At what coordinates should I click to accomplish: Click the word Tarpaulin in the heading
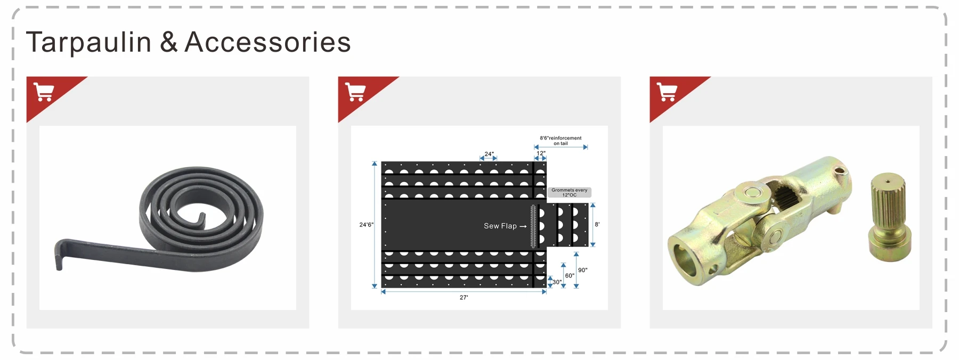click(x=88, y=42)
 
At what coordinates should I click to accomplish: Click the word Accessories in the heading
click(x=267, y=42)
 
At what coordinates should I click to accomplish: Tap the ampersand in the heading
click(x=168, y=42)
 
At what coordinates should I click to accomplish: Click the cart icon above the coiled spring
click(x=44, y=92)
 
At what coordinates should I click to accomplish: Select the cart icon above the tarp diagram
click(x=355, y=92)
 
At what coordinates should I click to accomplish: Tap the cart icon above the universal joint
click(x=667, y=92)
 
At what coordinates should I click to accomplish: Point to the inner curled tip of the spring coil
click(x=201, y=219)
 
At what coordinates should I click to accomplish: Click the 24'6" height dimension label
click(x=366, y=225)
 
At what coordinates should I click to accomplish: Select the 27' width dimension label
click(x=464, y=298)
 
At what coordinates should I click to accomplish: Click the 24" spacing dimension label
click(x=489, y=154)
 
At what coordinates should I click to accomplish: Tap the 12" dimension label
click(x=541, y=153)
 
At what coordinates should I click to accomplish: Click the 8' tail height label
click(x=597, y=225)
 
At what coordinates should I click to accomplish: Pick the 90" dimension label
click(x=583, y=270)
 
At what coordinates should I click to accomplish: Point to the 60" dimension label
click(x=570, y=276)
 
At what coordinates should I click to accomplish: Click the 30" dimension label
click(x=557, y=282)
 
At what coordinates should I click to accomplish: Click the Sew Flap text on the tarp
click(x=500, y=226)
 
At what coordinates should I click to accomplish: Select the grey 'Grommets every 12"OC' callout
click(x=569, y=192)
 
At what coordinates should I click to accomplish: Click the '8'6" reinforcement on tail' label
click(x=560, y=141)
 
